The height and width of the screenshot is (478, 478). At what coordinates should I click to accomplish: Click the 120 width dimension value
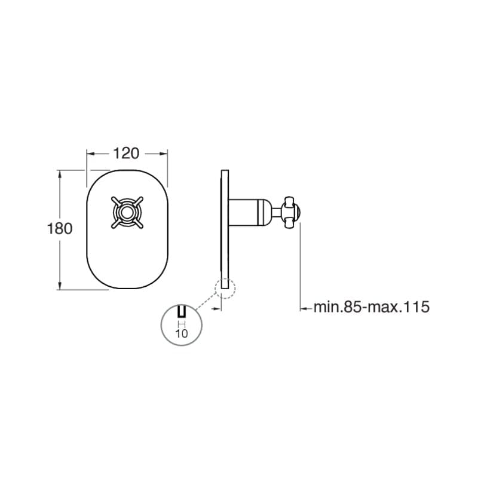click(x=126, y=154)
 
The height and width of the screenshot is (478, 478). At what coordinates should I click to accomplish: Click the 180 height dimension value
click(x=60, y=228)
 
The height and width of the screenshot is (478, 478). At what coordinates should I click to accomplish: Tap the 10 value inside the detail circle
click(x=182, y=333)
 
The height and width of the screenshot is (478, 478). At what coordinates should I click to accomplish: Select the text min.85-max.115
click(x=372, y=307)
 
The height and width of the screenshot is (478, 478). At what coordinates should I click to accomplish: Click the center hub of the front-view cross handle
click(x=127, y=213)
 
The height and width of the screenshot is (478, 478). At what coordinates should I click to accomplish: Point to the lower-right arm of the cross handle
click(x=139, y=224)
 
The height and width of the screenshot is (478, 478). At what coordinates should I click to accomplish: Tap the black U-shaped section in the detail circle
click(x=182, y=311)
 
